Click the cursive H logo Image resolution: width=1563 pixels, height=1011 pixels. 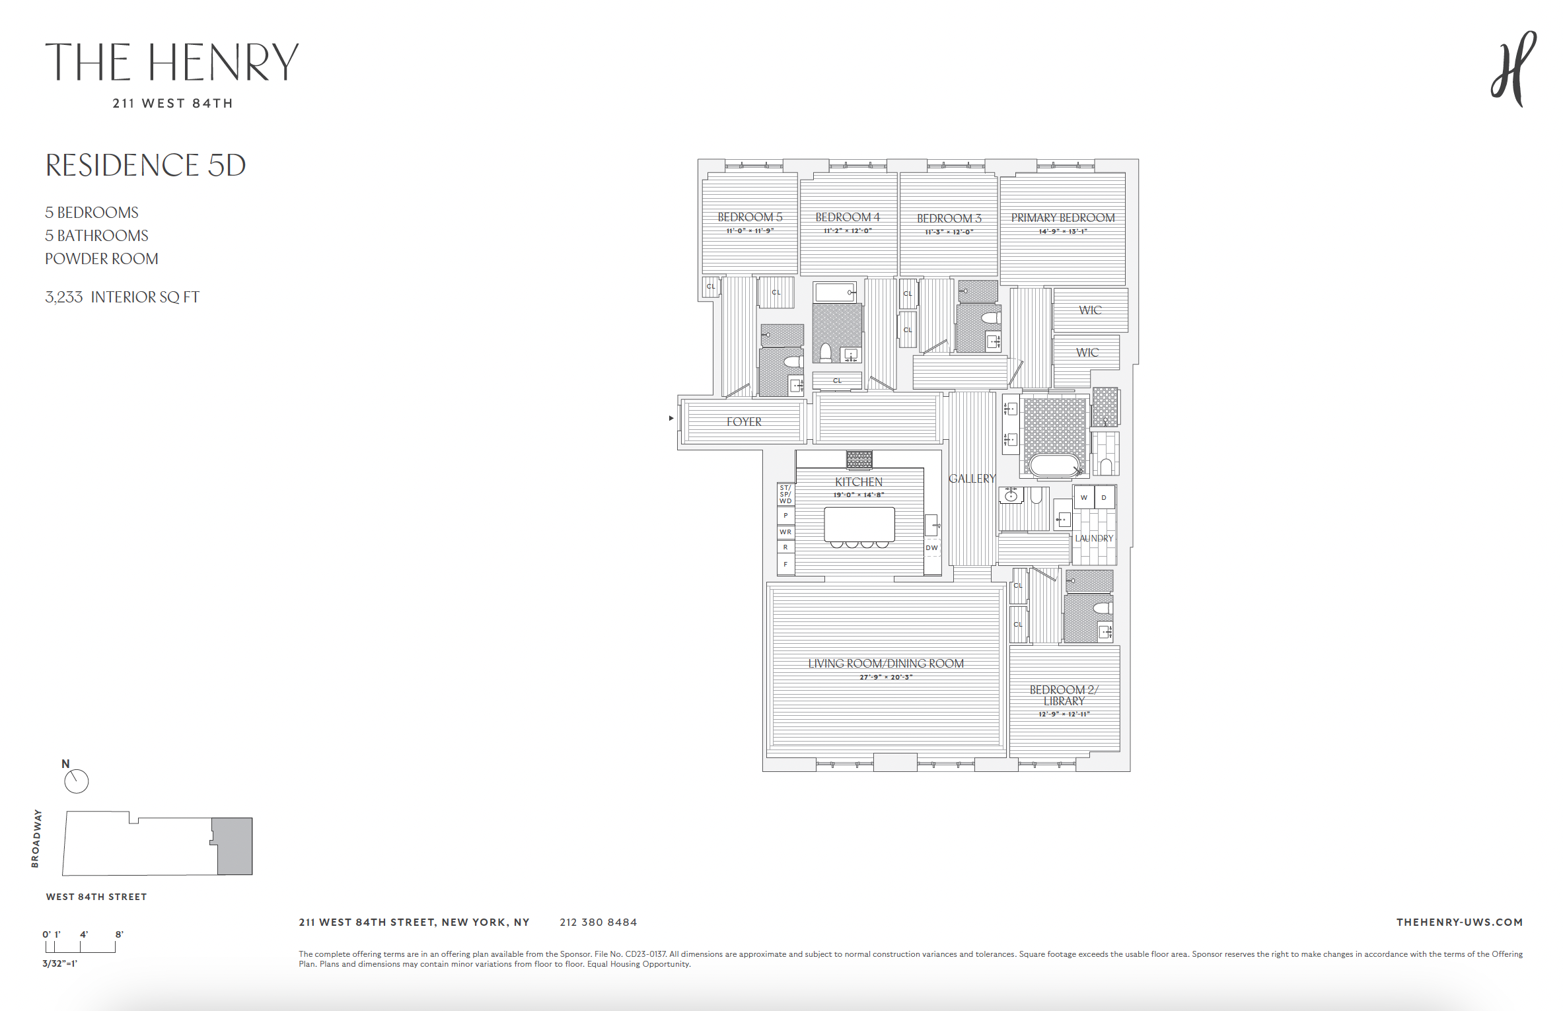(x=1513, y=70)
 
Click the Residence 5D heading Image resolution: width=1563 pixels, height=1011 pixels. (x=145, y=165)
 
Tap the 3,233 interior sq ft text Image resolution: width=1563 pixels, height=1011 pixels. (x=122, y=297)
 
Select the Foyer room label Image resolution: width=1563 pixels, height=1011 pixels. (x=744, y=422)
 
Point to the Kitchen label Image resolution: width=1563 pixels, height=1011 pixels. (x=858, y=482)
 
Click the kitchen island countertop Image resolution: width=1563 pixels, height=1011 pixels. (x=859, y=524)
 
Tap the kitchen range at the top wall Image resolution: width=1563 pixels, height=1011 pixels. (x=859, y=459)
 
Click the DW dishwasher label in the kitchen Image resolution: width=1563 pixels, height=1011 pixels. (x=931, y=548)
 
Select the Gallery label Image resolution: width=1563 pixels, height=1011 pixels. (x=972, y=479)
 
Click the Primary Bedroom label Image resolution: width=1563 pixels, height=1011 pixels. (x=1062, y=218)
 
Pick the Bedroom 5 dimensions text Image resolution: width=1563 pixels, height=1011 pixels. (x=750, y=231)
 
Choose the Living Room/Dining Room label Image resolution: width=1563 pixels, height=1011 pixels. (x=886, y=664)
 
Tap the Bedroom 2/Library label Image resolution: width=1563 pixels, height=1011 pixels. (x=1064, y=695)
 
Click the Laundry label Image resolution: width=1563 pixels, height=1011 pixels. (x=1094, y=538)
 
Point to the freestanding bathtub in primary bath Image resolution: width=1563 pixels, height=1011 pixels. (x=1055, y=465)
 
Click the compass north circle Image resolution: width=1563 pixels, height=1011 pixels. (x=77, y=781)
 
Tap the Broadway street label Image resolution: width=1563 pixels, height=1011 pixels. (x=36, y=839)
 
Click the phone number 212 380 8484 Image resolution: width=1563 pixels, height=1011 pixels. (x=598, y=923)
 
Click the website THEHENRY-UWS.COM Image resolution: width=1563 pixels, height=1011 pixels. (x=1459, y=923)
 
